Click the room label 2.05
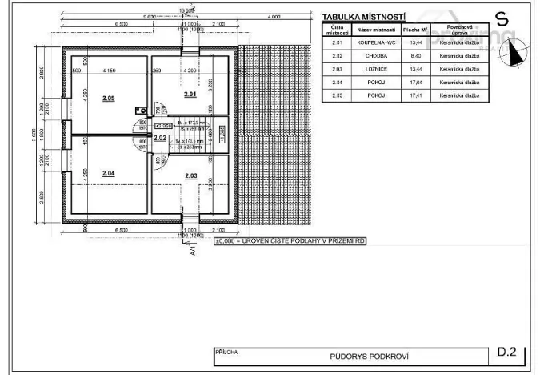pyautogui.click(x=109, y=98)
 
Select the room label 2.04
pyautogui.click(x=109, y=173)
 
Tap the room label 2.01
pyautogui.click(x=190, y=95)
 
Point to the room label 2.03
pyautogui.click(x=190, y=175)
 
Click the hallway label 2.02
pyautogui.click(x=160, y=138)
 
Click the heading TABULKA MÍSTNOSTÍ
pyautogui.click(x=363, y=16)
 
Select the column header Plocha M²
pyautogui.click(x=414, y=30)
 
